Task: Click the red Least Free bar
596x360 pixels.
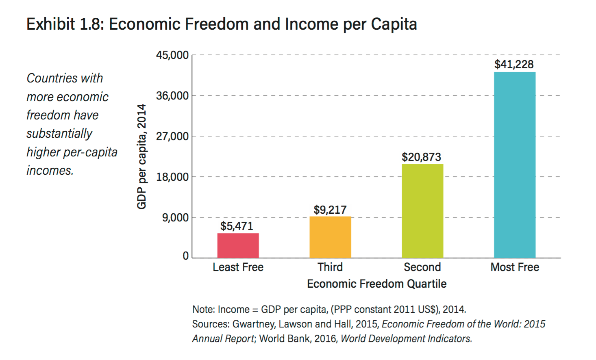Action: [x=238, y=245]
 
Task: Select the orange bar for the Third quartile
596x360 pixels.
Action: [x=330, y=237]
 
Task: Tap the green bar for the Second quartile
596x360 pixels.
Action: [x=422, y=211]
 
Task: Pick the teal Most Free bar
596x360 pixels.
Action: [x=515, y=165]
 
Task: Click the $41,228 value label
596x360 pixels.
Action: [x=514, y=64]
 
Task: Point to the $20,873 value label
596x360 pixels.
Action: [x=421, y=157]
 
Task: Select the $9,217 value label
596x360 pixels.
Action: [x=330, y=210]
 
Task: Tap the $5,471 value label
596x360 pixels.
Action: [x=237, y=226]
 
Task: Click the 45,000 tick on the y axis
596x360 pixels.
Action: [x=172, y=55]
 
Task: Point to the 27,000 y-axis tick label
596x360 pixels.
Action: [x=172, y=137]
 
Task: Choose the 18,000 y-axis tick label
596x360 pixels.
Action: [x=172, y=177]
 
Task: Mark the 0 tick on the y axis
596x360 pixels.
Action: [x=185, y=256]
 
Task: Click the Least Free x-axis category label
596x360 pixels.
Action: [x=238, y=267]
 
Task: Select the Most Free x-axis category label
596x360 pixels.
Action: [x=515, y=267]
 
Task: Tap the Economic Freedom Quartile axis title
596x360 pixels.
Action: [x=376, y=284]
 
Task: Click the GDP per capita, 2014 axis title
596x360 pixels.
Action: [x=141, y=156]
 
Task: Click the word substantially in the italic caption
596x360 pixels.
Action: [x=59, y=133]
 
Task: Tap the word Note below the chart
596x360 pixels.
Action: [x=203, y=309]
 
